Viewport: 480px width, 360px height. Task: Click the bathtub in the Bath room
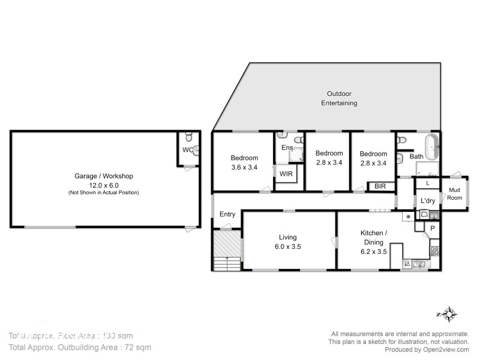click(x=431, y=146)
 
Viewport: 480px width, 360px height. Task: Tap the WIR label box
click(x=284, y=173)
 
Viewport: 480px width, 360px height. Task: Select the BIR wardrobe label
click(x=380, y=187)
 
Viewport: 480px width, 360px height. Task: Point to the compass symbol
click(x=446, y=314)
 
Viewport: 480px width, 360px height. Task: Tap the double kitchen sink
click(x=418, y=263)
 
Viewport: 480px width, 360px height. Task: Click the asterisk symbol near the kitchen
click(x=409, y=216)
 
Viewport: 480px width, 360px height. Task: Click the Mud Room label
click(x=455, y=193)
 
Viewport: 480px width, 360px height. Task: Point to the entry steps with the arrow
click(x=227, y=263)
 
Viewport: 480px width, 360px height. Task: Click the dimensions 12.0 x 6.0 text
click(x=103, y=185)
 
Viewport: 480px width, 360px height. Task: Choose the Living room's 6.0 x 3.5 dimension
click(x=287, y=246)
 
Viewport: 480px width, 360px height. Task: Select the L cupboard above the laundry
click(x=427, y=182)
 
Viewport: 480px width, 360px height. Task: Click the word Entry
click(x=227, y=214)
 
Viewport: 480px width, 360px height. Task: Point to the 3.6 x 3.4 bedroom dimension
click(x=244, y=167)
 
